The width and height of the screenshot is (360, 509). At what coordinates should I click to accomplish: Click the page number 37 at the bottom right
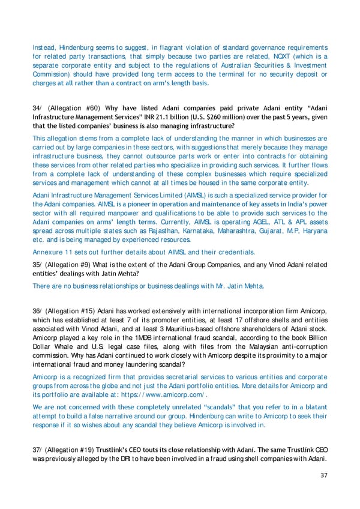pos(323,477)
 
